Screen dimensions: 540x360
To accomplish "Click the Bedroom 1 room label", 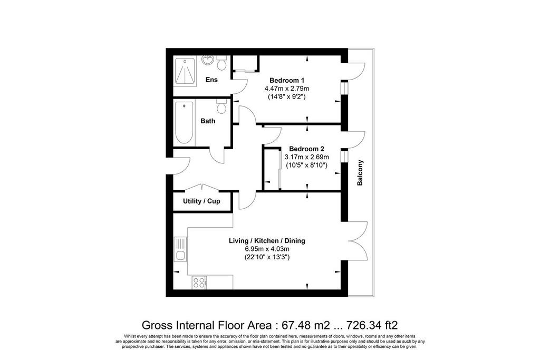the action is (286, 81).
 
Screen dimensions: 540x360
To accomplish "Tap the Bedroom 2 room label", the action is (306, 149).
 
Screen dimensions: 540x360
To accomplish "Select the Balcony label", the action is (360, 173).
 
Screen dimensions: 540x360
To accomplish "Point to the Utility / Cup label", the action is (201, 201).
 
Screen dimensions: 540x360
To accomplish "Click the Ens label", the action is (211, 80).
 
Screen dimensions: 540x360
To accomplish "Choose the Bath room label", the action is (208, 121).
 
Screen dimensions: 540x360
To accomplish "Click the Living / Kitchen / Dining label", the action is (267, 241).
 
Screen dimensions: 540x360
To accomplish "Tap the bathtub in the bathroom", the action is (184, 122).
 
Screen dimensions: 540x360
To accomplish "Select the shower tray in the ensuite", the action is (185, 71).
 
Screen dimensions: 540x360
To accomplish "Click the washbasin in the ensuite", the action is (208, 60).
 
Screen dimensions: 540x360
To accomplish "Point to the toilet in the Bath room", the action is (221, 106).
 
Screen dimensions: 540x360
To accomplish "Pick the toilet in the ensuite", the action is (221, 62).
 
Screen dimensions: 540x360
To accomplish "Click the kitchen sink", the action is (180, 249).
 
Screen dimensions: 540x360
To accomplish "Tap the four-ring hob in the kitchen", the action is (199, 283).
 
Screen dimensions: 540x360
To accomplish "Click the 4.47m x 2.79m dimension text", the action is (286, 89).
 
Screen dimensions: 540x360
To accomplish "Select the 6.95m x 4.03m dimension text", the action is (267, 249).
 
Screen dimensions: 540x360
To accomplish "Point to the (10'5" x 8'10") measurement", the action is (306, 165).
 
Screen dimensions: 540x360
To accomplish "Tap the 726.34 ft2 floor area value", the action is (372, 325).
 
